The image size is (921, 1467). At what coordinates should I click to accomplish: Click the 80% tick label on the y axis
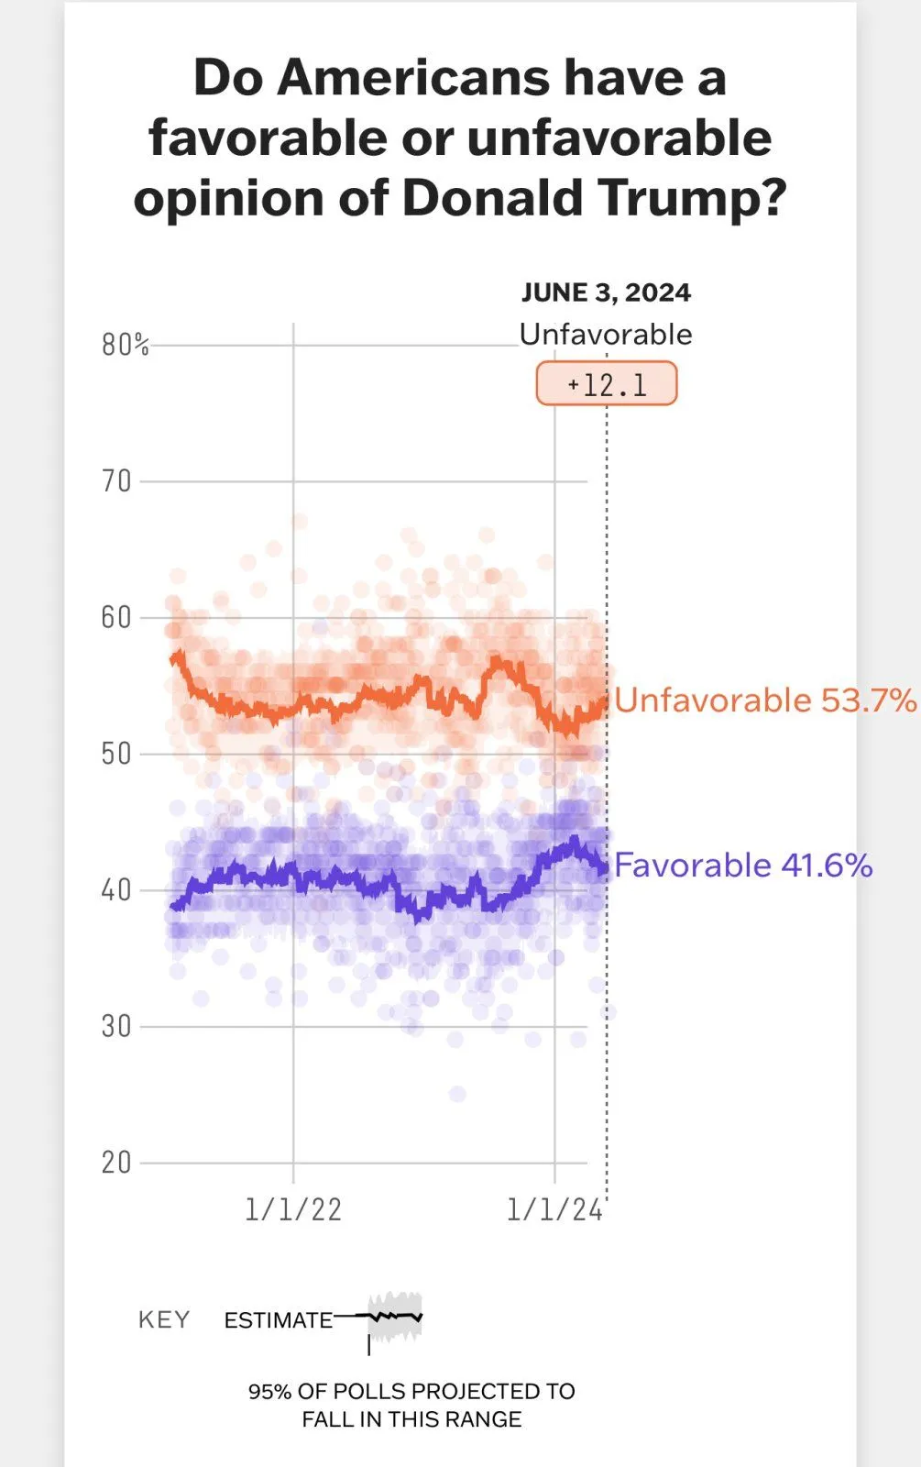pos(125,345)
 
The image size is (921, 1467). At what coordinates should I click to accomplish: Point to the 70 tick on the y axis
pos(116,480)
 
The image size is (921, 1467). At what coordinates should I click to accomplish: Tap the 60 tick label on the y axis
pos(116,617)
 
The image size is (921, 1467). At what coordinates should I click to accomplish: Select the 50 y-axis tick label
pos(116,754)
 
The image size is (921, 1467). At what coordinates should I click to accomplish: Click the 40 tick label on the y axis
pos(116,889)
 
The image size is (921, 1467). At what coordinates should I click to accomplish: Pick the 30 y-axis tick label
pos(116,1026)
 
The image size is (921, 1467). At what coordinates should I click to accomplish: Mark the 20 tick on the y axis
pos(116,1163)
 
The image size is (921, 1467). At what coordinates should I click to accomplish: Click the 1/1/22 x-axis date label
pos(293,1209)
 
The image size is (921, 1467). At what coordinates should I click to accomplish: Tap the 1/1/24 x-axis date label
pos(554,1209)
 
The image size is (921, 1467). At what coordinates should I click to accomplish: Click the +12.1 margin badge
pos(607,384)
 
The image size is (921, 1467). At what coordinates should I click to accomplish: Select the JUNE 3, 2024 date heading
pos(606,292)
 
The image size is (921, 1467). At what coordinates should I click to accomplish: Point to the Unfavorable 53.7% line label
pos(765,700)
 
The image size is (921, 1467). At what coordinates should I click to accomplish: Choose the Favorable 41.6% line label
pos(743,866)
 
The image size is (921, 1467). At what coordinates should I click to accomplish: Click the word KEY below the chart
pos(164,1319)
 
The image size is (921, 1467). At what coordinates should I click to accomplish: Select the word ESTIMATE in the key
pos(279,1320)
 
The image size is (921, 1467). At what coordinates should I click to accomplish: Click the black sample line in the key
pos(395,1317)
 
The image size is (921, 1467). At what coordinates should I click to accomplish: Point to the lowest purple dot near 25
pos(457,1094)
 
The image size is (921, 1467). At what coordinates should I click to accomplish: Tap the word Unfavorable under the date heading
pos(606,334)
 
